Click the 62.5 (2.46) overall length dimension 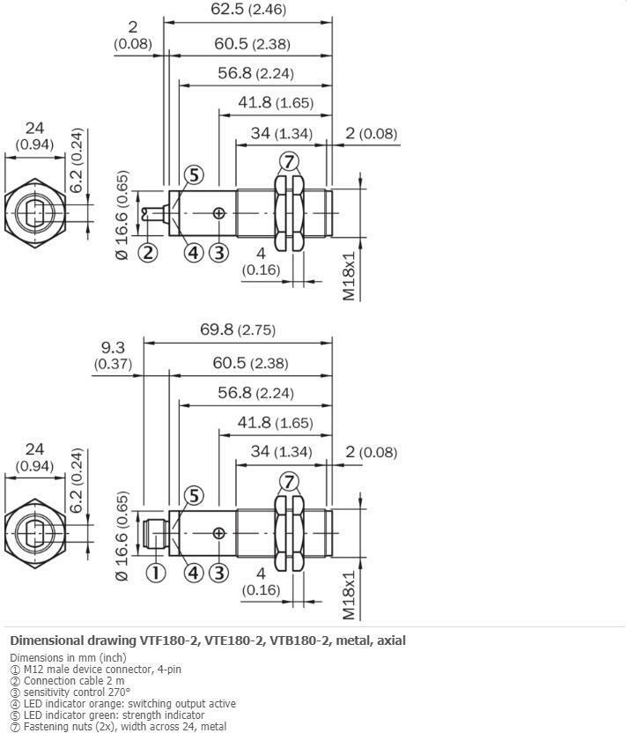coord(247,11)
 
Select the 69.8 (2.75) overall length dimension coord(238,329)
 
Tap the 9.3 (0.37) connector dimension coord(113,355)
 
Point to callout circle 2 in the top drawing coord(147,253)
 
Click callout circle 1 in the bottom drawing coord(155,573)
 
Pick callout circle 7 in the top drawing coord(289,161)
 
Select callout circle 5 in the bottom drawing coord(194,496)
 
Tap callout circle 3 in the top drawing coord(218,253)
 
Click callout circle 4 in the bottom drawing coord(194,573)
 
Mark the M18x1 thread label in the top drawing coord(350,275)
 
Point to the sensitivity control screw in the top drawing coord(218,213)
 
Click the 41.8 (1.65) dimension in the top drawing coord(275,103)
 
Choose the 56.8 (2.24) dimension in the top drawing coord(255,73)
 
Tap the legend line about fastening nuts coord(106,726)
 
